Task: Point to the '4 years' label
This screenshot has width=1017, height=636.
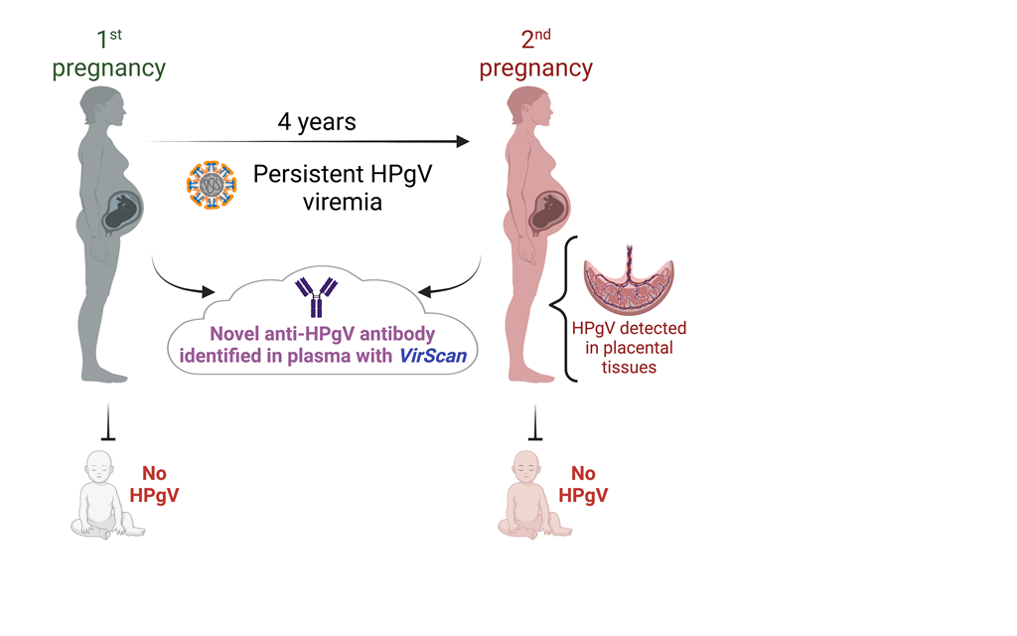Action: point(316,123)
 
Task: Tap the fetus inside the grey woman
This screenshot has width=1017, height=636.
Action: point(123,210)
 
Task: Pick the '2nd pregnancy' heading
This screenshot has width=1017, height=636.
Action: point(535,56)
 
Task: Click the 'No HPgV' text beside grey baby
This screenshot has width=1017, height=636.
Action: point(154,484)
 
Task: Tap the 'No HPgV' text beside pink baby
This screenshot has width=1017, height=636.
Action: point(583,484)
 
